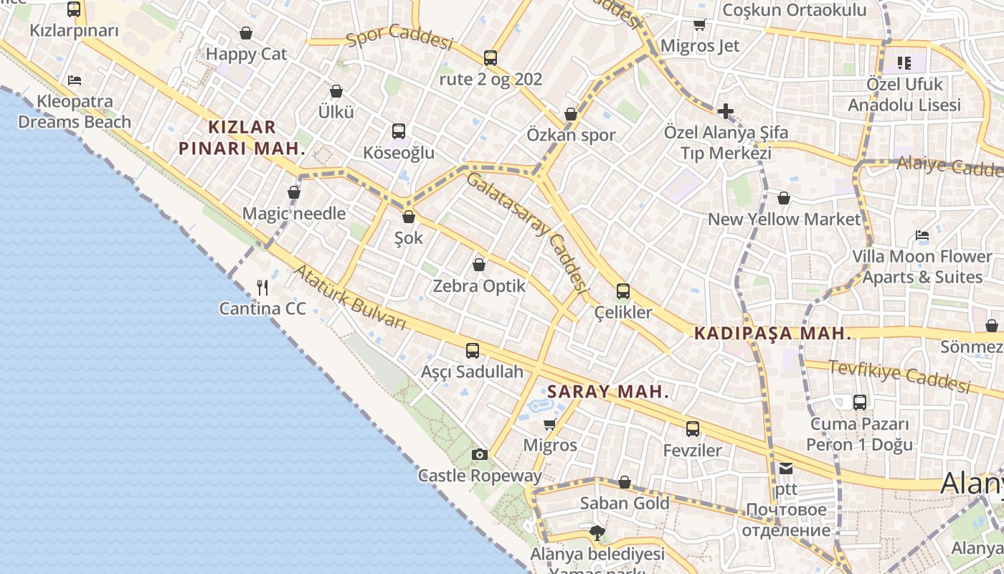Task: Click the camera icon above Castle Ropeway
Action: coord(480,454)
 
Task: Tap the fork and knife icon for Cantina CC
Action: coord(262,288)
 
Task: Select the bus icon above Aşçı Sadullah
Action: coord(473,351)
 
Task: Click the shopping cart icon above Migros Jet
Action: coord(700,25)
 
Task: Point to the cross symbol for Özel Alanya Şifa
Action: coord(725,111)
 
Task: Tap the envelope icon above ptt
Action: coord(786,469)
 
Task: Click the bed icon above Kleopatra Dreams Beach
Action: coord(75,80)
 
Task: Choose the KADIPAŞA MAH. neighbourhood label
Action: coord(772,334)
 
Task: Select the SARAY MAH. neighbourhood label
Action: coord(608,392)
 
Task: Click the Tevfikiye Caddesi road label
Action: coord(899,375)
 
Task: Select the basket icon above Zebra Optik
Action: coord(479,265)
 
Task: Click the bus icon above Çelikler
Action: coord(623,291)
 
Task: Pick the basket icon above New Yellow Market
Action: coord(784,198)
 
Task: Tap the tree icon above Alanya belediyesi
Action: coord(597,532)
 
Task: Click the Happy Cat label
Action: coord(246,54)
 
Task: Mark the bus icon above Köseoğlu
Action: coord(399,131)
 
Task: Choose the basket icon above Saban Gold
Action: coord(625,482)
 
